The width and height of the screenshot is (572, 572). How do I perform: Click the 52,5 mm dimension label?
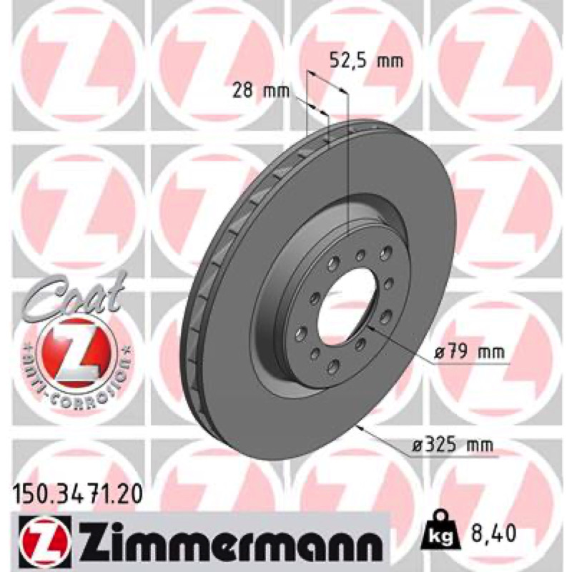[366, 61]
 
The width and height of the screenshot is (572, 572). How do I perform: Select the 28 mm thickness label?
[261, 91]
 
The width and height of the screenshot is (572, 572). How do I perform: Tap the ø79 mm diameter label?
[470, 352]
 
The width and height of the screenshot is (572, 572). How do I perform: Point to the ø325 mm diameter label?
[452, 445]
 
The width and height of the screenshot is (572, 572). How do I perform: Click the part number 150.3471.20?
[77, 495]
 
